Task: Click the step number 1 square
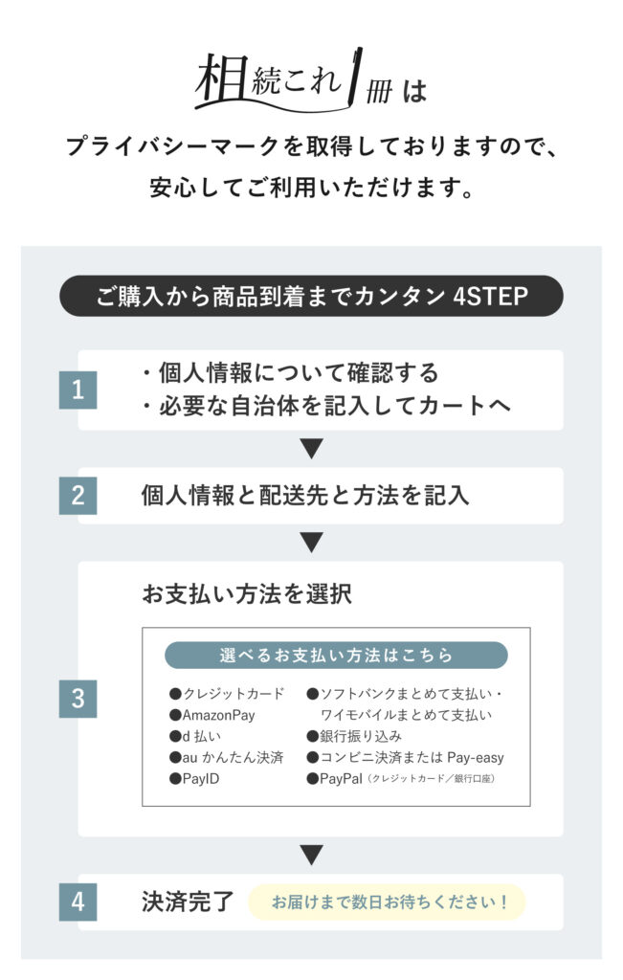click(78, 390)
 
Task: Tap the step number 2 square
click(78, 496)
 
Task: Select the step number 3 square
click(78, 699)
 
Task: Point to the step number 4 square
click(78, 902)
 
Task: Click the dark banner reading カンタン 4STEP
click(311, 296)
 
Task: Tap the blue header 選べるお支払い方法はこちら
click(336, 655)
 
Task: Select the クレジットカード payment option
click(227, 694)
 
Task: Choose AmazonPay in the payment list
click(212, 715)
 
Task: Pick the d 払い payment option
click(195, 736)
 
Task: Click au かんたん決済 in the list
click(226, 758)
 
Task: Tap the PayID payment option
click(194, 779)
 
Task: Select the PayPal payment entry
click(401, 779)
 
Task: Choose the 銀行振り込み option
click(354, 736)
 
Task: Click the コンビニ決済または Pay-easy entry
click(406, 758)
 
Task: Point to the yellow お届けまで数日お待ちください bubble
click(387, 902)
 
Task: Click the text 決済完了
click(188, 902)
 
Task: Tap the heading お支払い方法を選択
click(247, 593)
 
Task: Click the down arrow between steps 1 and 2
click(311, 448)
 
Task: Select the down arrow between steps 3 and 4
click(311, 855)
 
